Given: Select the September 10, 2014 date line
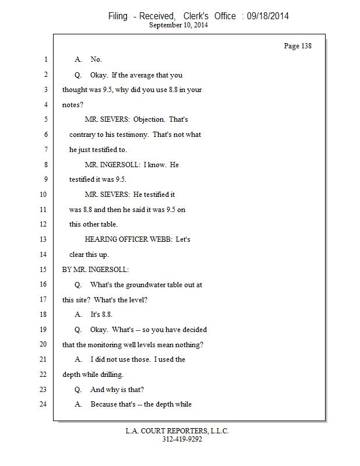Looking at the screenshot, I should [x=179, y=25].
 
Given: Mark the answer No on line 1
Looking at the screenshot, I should [x=96, y=59].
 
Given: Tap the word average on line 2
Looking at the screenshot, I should [x=142, y=75].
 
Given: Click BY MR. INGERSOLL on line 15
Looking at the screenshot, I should [x=96, y=270].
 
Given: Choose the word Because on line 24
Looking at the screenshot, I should [x=103, y=404].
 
